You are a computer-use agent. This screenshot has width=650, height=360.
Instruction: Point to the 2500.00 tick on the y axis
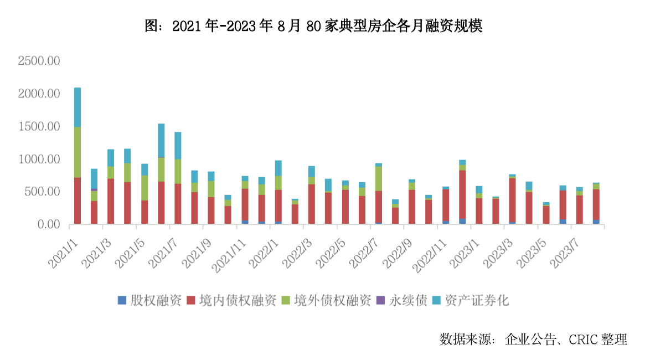[39, 61]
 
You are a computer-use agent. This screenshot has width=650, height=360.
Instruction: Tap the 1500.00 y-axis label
[39, 127]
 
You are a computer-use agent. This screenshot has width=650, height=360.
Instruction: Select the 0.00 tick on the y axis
[48, 224]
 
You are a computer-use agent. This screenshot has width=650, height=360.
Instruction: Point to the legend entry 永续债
[408, 301]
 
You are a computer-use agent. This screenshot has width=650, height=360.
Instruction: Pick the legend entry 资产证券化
[477, 301]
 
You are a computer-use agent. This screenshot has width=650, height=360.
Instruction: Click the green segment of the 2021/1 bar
[78, 152]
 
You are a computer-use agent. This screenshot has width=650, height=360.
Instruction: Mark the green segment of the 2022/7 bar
[379, 178]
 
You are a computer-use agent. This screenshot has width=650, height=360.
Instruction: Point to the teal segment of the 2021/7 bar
[178, 145]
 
